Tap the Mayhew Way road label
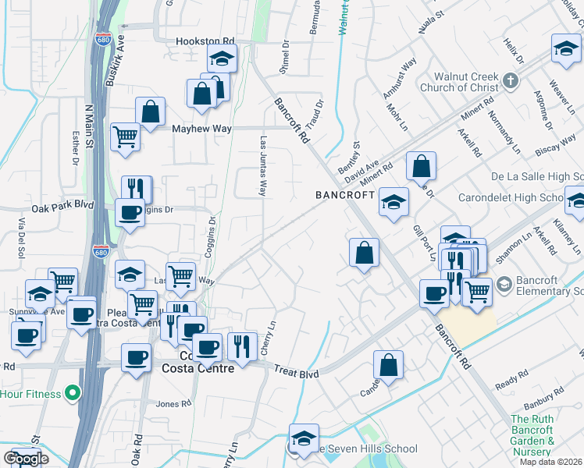pos(203,129)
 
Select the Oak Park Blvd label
pos(62,208)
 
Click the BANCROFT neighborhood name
pos(346,194)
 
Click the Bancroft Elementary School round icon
pos(503,282)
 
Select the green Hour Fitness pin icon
pos(73,394)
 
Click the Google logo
pos(26,458)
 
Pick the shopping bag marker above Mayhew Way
pos(150,112)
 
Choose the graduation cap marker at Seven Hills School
pos(304,438)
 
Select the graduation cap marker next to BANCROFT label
pos(393,202)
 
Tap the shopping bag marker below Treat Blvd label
pos(388,365)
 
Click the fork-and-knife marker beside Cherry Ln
pos(242,346)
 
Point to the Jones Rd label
pos(173,403)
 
